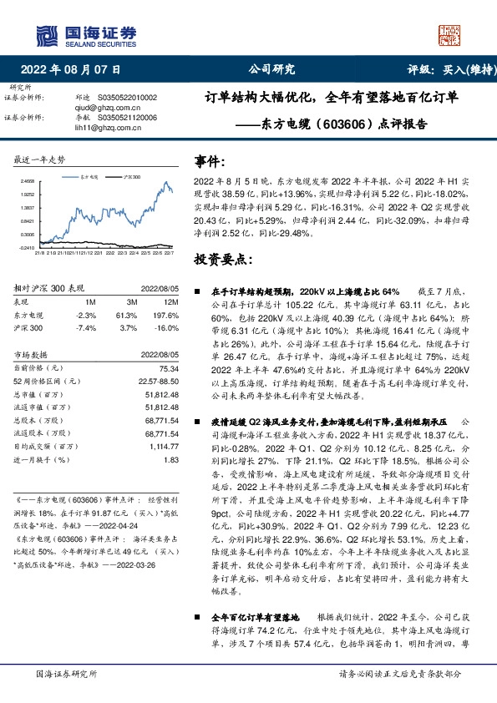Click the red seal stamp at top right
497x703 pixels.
pos(450,33)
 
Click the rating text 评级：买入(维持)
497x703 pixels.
pos(441,70)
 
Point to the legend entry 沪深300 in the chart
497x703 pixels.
pos(131,178)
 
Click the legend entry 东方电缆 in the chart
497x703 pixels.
pos(90,178)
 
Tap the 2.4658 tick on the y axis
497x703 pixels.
pos(28,180)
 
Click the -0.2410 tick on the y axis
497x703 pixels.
pos(28,248)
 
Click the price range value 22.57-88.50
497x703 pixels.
pos(157,382)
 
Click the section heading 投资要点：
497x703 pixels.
pos(223,260)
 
